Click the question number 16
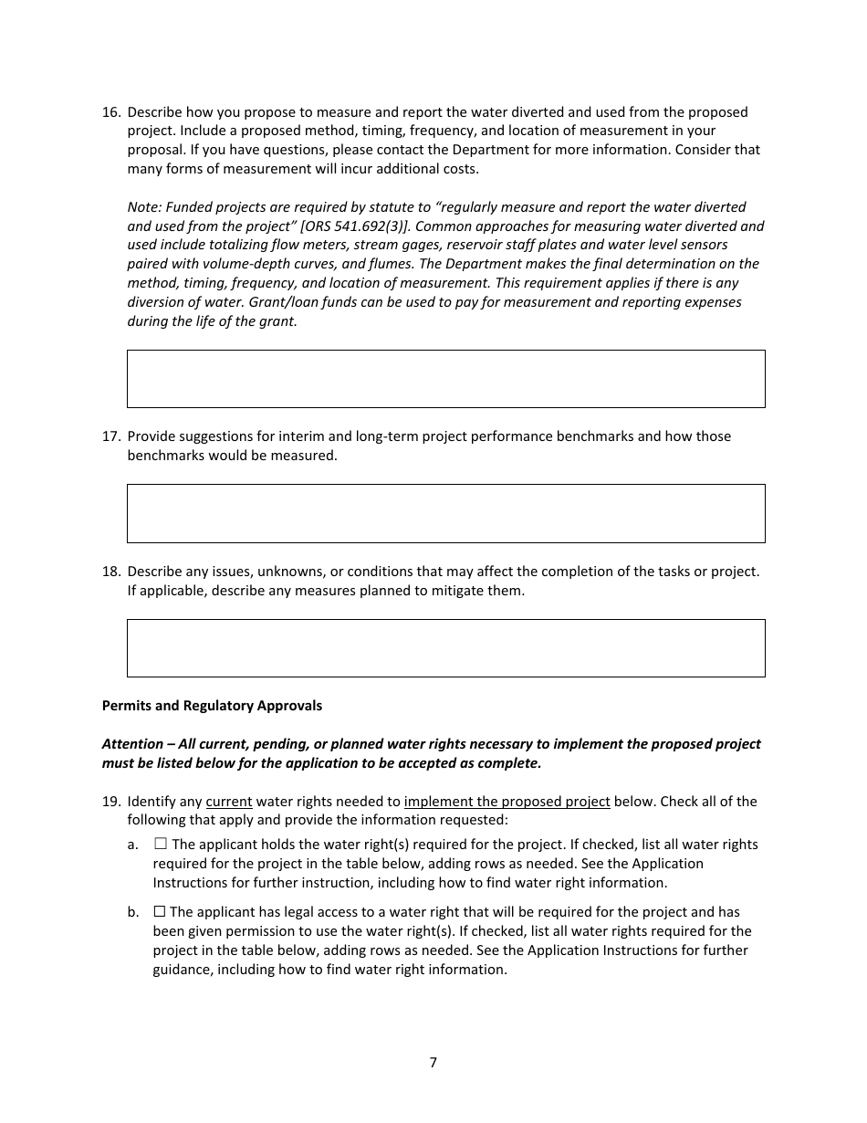110,112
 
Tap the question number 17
110,436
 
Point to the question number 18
110,572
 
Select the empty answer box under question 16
445,379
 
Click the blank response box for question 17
445,514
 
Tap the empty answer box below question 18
445,648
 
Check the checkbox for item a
161,845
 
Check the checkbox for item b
160,912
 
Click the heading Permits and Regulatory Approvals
212,706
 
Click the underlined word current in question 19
228,802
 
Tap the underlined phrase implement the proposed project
507,802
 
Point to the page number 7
433,1063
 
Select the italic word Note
143,207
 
